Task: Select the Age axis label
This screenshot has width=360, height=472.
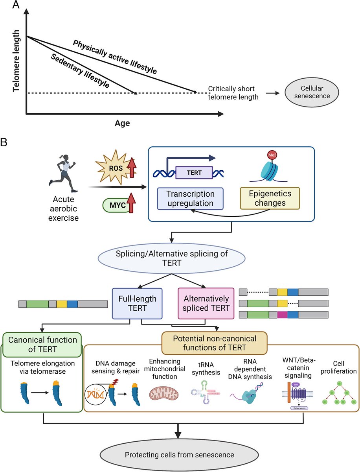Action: coord(122,123)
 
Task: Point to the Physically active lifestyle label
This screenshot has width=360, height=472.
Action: coord(115,57)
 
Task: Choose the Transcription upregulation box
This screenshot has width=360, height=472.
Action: coord(190,198)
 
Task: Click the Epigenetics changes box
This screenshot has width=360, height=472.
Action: coord(270,198)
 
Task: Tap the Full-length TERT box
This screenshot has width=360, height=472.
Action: coord(137,304)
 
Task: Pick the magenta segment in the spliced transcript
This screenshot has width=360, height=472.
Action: coord(282,315)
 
